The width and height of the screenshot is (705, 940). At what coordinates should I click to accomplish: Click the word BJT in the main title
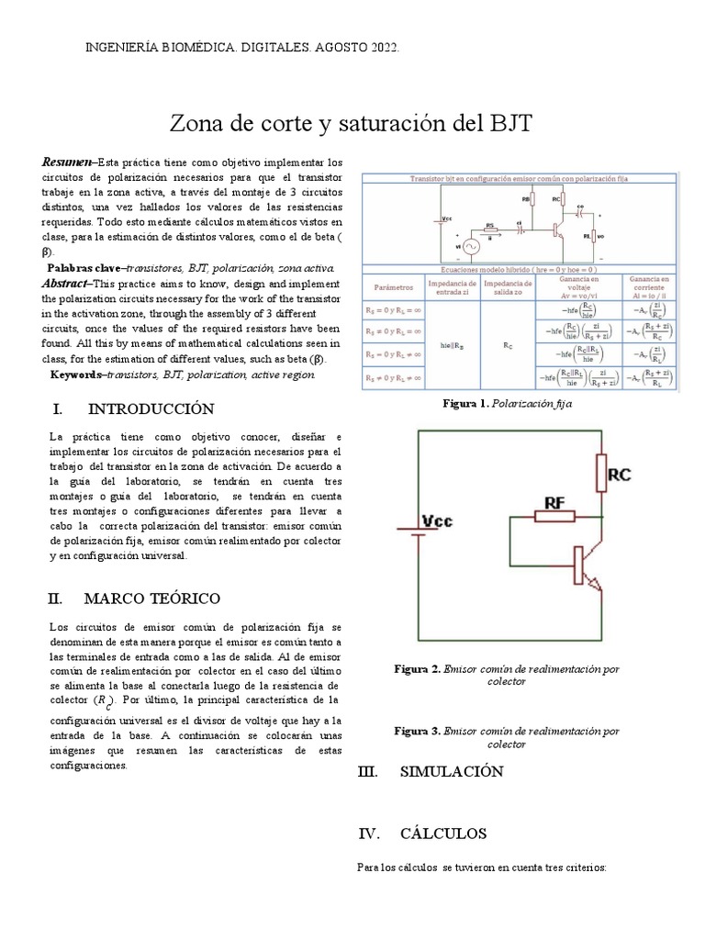(505, 123)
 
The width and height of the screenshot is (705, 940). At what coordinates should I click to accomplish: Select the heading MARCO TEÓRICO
(151, 599)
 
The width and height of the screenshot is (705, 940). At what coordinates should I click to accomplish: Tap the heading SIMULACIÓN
(452, 772)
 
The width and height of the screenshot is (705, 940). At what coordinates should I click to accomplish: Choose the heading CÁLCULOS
(443, 834)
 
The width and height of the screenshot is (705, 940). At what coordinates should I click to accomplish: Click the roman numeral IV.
(368, 834)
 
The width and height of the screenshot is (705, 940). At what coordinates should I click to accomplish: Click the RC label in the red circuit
(620, 476)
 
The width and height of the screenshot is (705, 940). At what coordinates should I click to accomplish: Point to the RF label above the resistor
(556, 503)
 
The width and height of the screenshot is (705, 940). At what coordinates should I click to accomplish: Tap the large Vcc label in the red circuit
(443, 520)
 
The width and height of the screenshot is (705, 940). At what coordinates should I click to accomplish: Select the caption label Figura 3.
(417, 732)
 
